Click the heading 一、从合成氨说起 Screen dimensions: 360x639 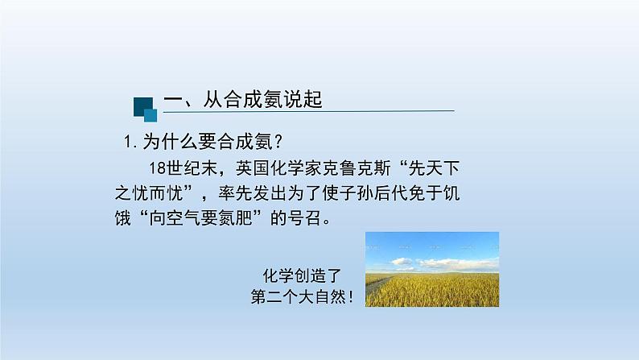[x=242, y=100]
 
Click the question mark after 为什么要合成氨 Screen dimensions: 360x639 [x=278, y=142]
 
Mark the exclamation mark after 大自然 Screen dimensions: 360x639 [x=352, y=296]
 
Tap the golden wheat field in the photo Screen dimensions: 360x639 [x=435, y=290]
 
